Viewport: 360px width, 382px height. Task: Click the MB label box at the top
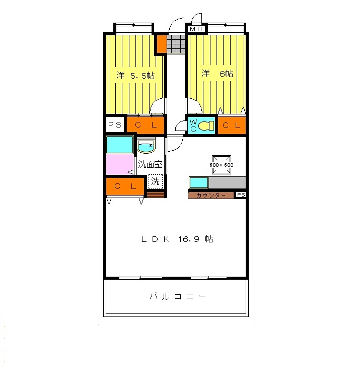(196, 29)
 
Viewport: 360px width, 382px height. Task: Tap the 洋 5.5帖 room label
(135, 76)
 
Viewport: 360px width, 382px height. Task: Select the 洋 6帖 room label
(218, 74)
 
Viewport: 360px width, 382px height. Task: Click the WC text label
(193, 125)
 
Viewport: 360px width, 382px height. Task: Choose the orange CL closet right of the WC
(232, 125)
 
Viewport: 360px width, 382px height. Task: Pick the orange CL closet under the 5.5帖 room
(146, 124)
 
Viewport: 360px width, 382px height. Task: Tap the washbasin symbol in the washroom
(146, 147)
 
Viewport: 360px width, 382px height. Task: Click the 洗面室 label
(150, 164)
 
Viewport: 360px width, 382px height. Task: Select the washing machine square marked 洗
(156, 181)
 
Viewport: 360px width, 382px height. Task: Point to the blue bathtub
(119, 145)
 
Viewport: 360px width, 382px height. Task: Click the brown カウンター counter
(211, 195)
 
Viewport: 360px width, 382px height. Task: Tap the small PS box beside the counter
(241, 195)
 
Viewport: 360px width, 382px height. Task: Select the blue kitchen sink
(199, 182)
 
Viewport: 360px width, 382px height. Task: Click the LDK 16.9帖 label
(177, 239)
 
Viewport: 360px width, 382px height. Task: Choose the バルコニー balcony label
(177, 296)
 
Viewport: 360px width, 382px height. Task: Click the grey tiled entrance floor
(176, 44)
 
